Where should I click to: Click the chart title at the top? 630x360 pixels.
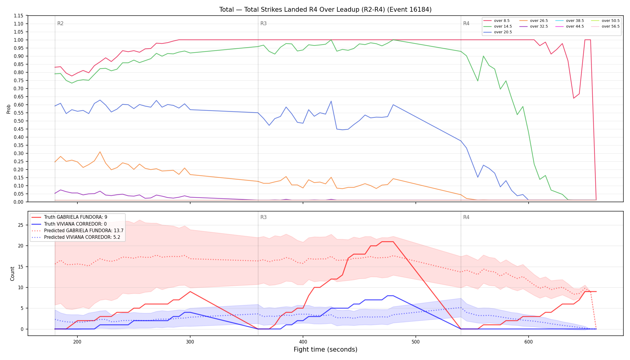[325, 10]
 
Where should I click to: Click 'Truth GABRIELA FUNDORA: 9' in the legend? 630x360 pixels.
[76, 217]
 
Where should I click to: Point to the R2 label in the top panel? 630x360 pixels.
[60, 23]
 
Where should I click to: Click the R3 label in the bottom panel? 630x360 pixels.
[263, 217]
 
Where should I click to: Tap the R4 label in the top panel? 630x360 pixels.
[466, 23]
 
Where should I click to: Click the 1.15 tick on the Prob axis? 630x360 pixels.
[19, 16]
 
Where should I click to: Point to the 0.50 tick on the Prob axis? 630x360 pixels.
[19, 121]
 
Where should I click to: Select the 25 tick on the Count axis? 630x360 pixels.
[21, 225]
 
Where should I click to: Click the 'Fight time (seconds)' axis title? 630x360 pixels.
[325, 349]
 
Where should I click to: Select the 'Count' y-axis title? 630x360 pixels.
[12, 274]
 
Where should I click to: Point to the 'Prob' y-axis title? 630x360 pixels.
[8, 109]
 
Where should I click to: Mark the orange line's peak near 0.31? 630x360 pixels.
[100, 152]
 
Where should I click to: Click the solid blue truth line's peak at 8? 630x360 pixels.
[390, 296]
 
